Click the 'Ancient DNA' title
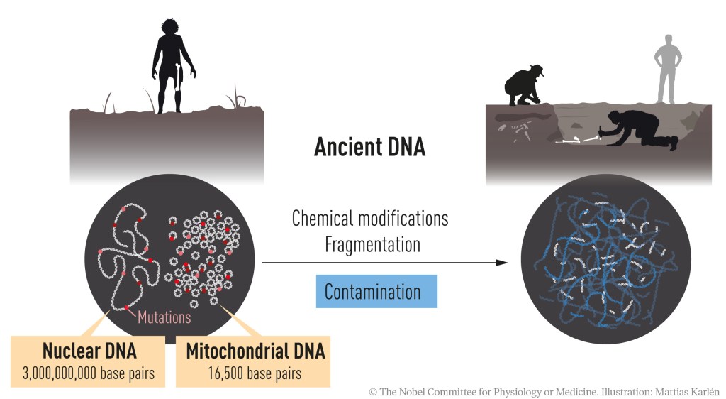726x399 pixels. (x=369, y=147)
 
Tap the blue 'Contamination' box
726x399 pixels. (x=373, y=292)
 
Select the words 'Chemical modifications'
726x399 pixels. (x=370, y=218)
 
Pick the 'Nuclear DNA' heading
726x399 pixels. (x=89, y=351)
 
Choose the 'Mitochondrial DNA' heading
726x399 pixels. (x=250, y=351)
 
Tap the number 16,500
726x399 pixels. (x=225, y=373)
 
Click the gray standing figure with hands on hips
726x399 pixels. (x=666, y=67)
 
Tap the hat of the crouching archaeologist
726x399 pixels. (x=537, y=69)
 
